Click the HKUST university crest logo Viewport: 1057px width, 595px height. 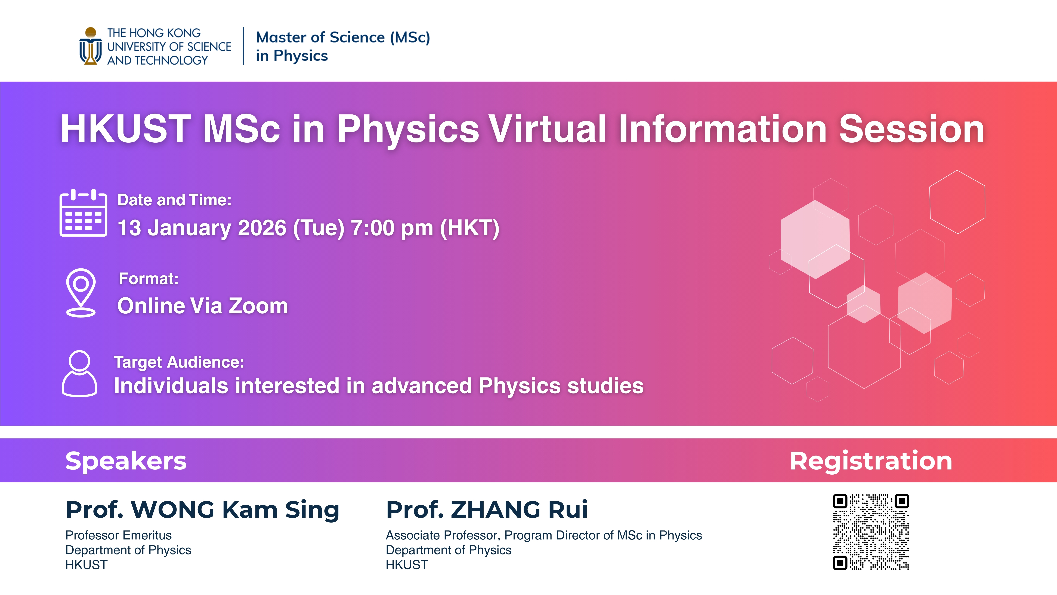[x=90, y=46]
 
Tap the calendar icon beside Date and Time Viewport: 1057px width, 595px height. [x=83, y=213]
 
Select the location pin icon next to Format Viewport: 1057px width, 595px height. [x=81, y=292]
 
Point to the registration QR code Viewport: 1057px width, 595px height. [x=871, y=532]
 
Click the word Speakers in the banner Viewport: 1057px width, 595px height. [x=126, y=461]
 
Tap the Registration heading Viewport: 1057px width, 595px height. [x=871, y=461]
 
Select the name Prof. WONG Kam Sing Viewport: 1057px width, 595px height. [x=202, y=510]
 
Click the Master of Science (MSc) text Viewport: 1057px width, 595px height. [x=343, y=37]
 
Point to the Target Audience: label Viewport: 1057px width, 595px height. [x=179, y=362]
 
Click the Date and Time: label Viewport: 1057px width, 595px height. [x=174, y=200]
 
